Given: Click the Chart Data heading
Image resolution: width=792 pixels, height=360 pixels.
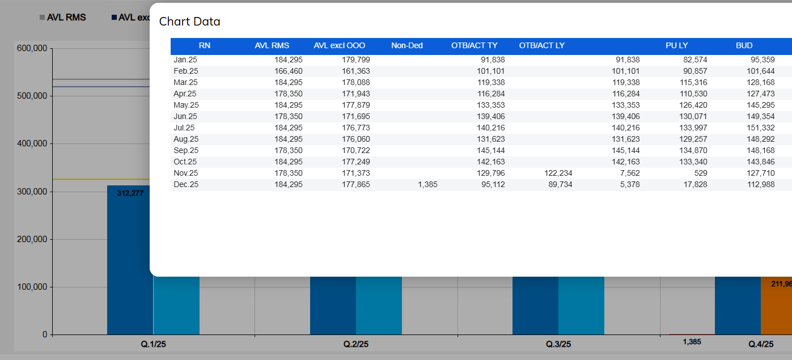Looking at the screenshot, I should [189, 22].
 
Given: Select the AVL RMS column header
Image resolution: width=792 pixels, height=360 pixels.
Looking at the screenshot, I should [272, 45].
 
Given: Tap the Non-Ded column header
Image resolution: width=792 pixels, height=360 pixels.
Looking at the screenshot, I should [406, 45].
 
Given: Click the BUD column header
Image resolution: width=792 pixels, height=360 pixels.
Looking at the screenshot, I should [744, 45].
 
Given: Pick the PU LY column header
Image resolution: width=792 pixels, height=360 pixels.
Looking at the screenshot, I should [676, 45].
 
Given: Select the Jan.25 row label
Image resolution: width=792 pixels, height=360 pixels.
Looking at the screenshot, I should [185, 60].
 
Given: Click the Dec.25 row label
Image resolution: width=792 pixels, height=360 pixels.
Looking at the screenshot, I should [186, 184].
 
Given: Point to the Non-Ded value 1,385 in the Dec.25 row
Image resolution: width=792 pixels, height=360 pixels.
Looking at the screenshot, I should [426, 184].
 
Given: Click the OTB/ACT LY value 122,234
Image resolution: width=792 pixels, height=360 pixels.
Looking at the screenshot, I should [558, 173].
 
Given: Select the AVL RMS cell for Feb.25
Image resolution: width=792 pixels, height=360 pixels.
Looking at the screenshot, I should [289, 71].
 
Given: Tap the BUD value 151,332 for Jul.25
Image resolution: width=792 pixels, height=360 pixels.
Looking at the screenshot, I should [761, 128].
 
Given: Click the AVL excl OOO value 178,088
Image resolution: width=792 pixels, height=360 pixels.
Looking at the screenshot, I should [355, 82].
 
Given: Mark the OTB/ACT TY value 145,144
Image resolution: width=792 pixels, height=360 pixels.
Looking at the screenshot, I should [491, 150].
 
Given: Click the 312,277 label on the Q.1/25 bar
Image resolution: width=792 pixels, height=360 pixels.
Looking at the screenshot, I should [130, 193].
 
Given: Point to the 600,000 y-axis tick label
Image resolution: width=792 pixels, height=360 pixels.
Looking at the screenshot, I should [31, 49].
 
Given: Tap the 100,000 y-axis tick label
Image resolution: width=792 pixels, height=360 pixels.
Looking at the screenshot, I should [31, 287].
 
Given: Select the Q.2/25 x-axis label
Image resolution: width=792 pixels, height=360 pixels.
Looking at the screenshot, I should [356, 344].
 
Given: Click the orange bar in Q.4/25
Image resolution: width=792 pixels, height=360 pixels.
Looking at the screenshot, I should [776, 306].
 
